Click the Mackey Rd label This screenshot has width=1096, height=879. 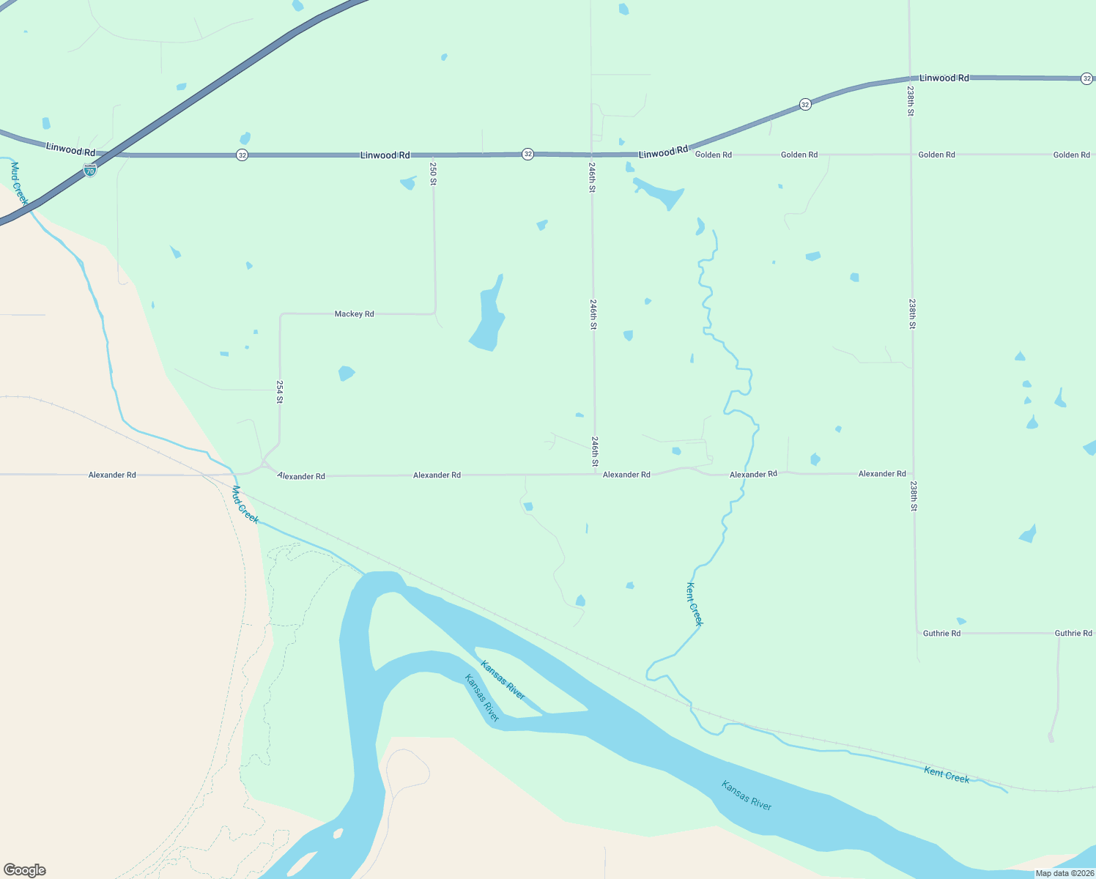(x=354, y=314)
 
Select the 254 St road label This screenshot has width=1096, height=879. (x=279, y=391)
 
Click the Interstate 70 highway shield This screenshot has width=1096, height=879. (x=89, y=170)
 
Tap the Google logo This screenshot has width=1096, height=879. (x=25, y=870)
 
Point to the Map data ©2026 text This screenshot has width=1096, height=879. (x=1064, y=873)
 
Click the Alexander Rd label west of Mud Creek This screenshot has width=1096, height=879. (x=112, y=475)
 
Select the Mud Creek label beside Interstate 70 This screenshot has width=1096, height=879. (x=19, y=183)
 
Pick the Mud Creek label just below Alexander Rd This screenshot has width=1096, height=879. (x=245, y=505)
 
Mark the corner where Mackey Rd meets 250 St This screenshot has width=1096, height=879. (x=435, y=314)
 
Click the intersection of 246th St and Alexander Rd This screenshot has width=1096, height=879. (x=594, y=474)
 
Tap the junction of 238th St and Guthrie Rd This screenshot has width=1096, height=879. (x=917, y=633)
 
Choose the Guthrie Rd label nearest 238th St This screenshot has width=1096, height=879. (x=941, y=634)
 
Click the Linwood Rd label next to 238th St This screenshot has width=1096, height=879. (x=944, y=78)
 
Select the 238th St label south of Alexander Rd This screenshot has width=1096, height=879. (x=914, y=496)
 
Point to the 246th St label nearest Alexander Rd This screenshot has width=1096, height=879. (x=595, y=452)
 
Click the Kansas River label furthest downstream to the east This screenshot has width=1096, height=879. (x=747, y=795)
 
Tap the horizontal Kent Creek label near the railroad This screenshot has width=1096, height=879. (x=947, y=775)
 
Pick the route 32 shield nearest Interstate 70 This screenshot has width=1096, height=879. (x=242, y=155)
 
